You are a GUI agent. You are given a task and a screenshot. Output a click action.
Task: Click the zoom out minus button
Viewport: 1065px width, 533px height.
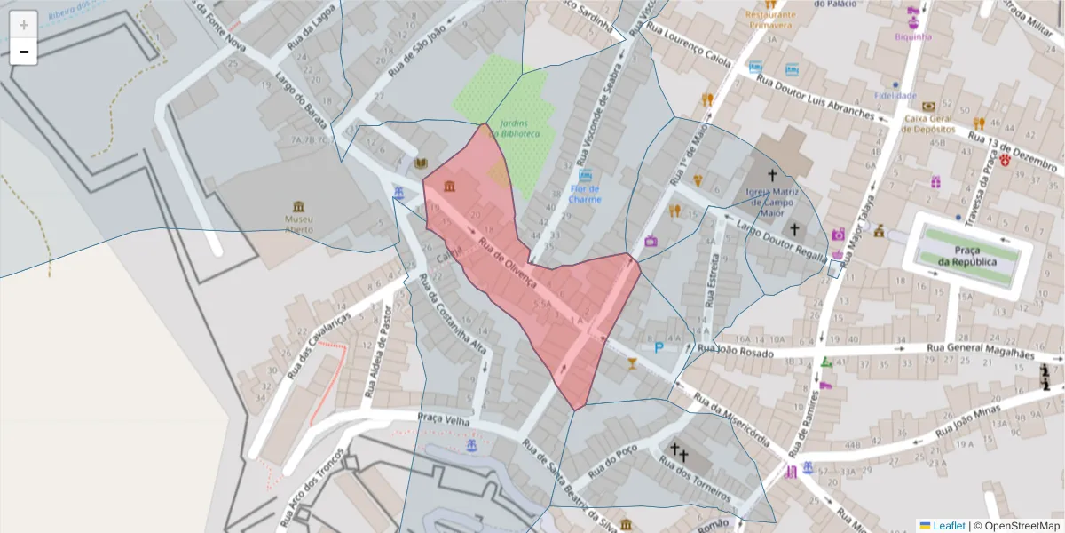click(24, 52)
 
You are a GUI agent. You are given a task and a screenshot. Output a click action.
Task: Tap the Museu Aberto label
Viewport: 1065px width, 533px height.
click(299, 224)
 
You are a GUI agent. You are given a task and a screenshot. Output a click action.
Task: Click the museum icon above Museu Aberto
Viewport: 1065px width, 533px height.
click(299, 205)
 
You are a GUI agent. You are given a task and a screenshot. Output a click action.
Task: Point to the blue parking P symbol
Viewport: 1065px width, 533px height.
click(659, 348)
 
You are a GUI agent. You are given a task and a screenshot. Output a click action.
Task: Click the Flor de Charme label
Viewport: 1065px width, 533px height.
click(585, 194)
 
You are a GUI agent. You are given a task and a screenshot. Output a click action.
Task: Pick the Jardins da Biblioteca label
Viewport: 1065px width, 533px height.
click(519, 128)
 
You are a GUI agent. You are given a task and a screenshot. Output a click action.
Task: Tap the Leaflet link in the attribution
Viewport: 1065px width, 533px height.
click(949, 526)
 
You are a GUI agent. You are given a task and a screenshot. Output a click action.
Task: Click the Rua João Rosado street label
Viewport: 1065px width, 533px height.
click(735, 352)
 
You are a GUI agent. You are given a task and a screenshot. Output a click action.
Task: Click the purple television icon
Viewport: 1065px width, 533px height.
click(651, 241)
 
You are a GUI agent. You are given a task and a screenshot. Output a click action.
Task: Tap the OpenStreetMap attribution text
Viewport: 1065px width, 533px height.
click(1022, 526)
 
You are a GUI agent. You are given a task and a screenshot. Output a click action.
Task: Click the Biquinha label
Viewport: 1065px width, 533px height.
click(913, 36)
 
